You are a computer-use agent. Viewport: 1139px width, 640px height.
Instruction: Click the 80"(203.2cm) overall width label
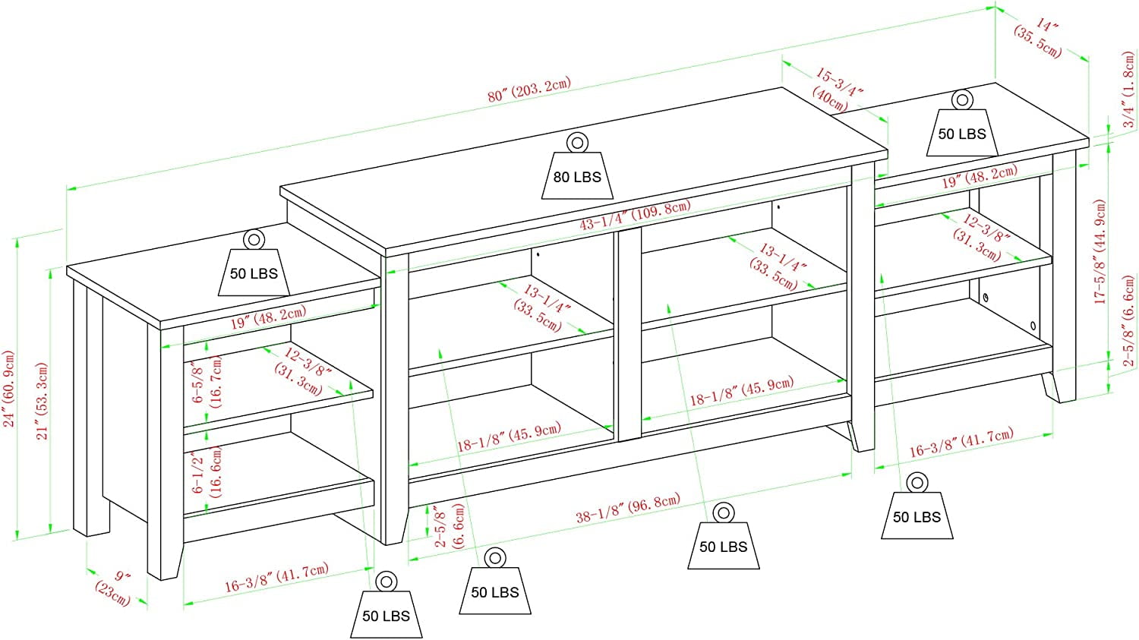[x=529, y=90]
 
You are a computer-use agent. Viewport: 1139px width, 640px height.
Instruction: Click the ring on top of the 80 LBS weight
[x=577, y=142]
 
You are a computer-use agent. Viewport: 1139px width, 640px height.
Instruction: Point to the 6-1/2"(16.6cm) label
[x=207, y=471]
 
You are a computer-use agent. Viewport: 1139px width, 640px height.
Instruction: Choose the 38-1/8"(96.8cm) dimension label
[x=627, y=508]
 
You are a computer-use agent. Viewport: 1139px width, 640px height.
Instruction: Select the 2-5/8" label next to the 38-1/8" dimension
[x=450, y=525]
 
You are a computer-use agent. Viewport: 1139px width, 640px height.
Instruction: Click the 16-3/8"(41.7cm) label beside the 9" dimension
[x=276, y=578]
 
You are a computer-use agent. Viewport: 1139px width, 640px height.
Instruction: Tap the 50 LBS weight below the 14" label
[x=961, y=133]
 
